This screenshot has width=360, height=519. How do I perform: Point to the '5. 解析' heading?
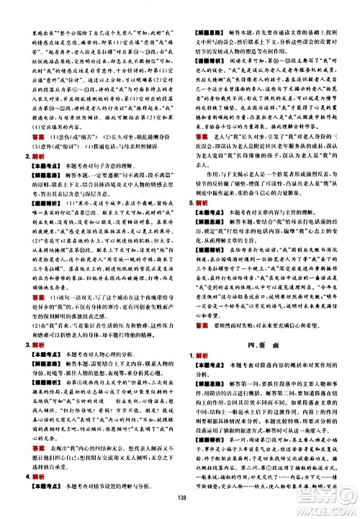(x=190, y=222)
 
